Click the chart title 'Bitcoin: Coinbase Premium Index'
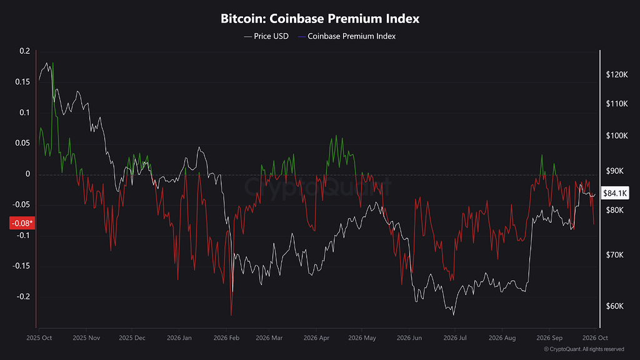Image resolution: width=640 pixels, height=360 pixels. pos(320,18)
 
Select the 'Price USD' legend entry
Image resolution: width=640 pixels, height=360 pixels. pos(266,36)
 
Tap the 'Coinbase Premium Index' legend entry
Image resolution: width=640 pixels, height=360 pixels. pos(347,36)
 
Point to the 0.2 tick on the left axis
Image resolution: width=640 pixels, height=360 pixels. pos(25,51)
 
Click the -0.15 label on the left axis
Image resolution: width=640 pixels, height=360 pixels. pos(21,266)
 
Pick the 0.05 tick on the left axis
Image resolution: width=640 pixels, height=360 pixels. pos(23,143)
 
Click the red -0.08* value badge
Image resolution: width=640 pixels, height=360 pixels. pos(22,223)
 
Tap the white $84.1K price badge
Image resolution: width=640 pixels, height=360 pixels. pos(615,193)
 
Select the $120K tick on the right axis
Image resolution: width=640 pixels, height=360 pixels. pos(617,74)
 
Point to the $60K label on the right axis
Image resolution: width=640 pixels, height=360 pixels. pos(615,306)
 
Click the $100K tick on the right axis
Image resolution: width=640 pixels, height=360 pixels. pos(617,136)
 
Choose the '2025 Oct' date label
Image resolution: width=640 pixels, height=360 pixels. pos(39,338)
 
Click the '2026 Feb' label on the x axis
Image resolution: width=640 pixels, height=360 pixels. pos(226,338)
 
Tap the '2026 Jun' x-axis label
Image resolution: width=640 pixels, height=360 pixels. pos(409,338)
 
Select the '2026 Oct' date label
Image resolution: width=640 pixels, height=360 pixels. pos(595,338)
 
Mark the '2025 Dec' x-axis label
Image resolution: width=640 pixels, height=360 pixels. pos(132,338)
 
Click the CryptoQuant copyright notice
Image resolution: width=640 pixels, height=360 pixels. pos(584,349)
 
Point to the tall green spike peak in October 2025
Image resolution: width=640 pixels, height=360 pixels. pos(53,63)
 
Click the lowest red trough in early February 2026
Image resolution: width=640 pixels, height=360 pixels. pos(231,315)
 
